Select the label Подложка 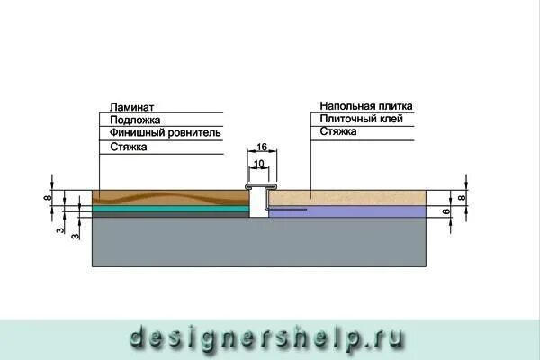click(x=131, y=120)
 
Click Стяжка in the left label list click(x=127, y=146)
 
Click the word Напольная click(x=346, y=106)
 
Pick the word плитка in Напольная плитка click(x=395, y=106)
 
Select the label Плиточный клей click(x=366, y=119)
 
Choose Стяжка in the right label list click(x=337, y=131)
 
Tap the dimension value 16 click(x=262, y=147)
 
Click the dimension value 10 click(x=258, y=164)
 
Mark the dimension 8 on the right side click(x=462, y=197)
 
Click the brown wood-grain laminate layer click(x=171, y=197)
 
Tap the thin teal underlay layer click(x=171, y=209)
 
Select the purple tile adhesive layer click(x=360, y=211)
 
